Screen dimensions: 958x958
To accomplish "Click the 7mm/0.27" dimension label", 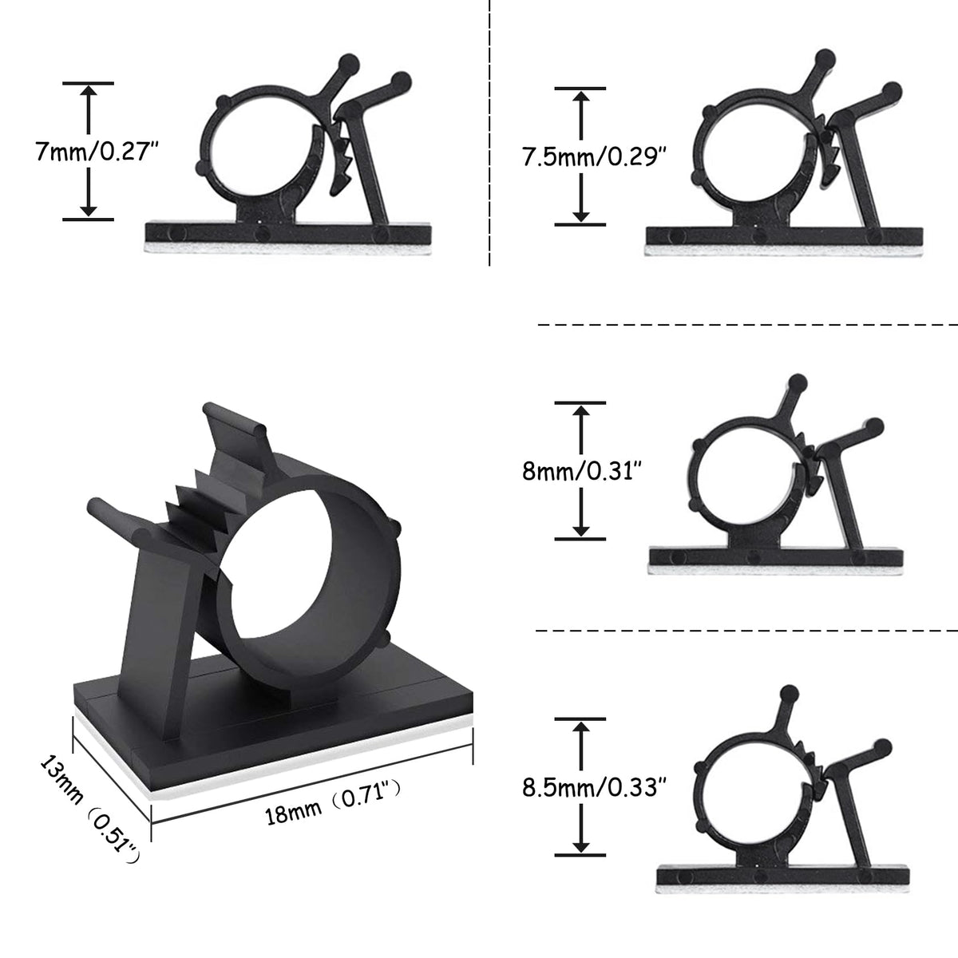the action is tap(97, 151).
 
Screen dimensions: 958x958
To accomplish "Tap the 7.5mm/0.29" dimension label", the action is tap(594, 156).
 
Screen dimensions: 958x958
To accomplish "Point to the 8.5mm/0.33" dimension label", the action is tap(594, 787).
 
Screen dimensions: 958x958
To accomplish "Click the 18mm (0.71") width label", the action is tap(332, 803).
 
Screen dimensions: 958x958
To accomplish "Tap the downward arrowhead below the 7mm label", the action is tap(89, 210).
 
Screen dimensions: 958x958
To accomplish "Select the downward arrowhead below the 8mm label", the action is tap(580, 529).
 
